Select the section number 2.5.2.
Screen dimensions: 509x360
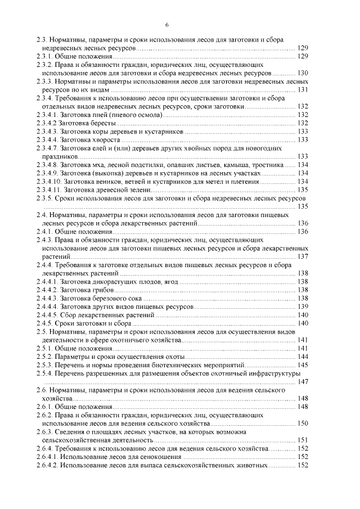point(43,357)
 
